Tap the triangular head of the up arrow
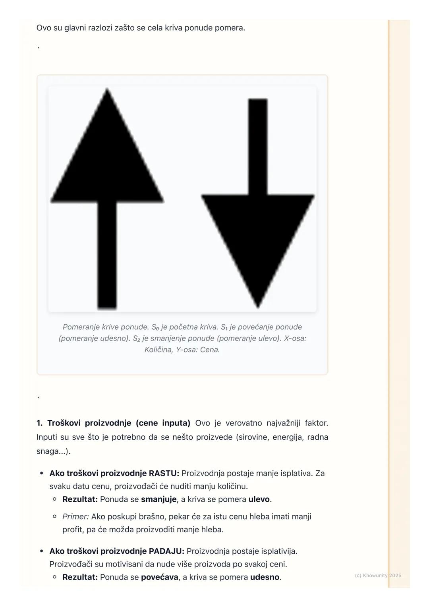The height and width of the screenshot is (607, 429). (107, 159)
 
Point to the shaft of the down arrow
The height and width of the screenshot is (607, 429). (258, 147)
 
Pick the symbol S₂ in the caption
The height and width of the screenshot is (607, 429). (136, 338)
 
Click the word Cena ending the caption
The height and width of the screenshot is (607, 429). (209, 350)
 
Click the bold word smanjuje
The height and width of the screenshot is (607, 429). (158, 499)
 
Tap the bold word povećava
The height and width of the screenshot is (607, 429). (159, 577)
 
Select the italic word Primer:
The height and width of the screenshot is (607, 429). (75, 516)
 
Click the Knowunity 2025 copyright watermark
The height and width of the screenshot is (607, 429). (378, 575)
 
